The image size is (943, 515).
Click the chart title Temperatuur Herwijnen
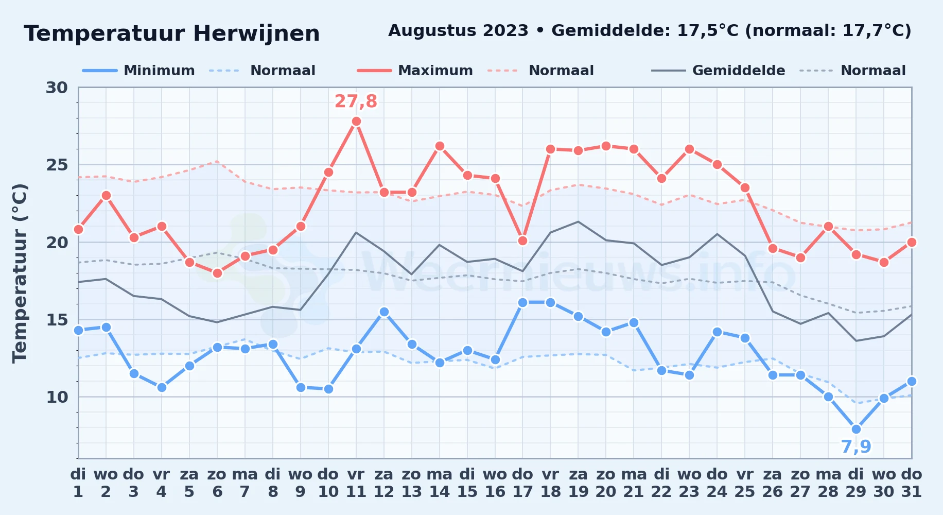(172, 34)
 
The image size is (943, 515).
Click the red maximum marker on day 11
(356, 122)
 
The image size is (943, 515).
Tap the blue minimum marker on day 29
(856, 429)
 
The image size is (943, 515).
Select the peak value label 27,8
(356, 101)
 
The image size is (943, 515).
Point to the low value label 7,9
(856, 447)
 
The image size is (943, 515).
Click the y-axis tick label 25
(57, 165)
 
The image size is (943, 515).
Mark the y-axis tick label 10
(57, 397)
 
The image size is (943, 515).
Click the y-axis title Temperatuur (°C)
(20, 273)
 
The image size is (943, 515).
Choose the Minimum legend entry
(139, 71)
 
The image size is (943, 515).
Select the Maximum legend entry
(415, 71)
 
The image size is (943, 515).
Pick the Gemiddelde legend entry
(719, 71)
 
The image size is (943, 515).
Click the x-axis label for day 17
(522, 483)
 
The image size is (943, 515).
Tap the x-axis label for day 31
(911, 483)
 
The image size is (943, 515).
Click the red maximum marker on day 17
(522, 241)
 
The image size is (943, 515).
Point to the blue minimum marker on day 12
(384, 312)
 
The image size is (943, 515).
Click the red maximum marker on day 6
(217, 273)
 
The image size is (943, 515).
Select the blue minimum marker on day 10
(328, 389)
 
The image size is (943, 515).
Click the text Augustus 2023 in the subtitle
(458, 31)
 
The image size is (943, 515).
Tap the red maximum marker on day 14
(440, 146)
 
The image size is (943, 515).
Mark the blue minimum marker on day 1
(78, 330)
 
